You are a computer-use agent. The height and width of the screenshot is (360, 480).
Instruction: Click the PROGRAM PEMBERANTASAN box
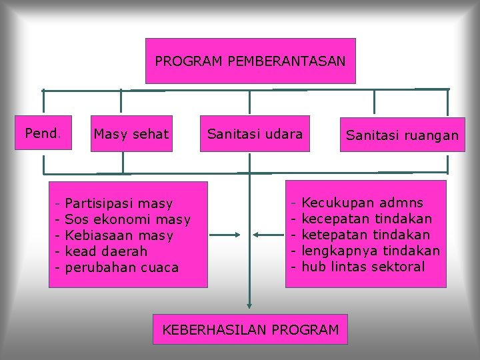250,61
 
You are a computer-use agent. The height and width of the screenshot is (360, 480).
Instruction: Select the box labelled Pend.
43,133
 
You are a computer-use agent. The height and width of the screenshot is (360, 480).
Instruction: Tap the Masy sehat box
131,134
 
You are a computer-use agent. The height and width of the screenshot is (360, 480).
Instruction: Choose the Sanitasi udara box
255,134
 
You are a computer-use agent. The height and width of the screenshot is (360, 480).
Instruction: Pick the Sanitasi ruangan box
402,135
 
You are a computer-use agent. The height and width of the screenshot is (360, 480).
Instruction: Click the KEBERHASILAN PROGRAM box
250,329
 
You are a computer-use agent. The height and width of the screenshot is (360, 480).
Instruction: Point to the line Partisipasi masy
119,203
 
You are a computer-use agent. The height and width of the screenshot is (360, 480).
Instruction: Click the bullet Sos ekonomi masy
127,219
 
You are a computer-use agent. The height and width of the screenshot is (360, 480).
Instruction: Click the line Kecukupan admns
362,203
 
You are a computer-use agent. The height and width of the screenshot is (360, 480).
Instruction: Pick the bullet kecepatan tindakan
367,219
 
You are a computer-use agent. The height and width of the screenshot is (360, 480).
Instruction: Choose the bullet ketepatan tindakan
366,235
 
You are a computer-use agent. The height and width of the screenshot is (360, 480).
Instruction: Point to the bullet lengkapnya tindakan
371,251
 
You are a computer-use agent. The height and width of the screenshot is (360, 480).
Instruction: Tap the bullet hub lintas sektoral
363,267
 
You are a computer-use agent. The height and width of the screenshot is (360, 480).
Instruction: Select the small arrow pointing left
269,235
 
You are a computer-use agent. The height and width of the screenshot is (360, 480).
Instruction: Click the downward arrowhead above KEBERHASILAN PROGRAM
249,306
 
